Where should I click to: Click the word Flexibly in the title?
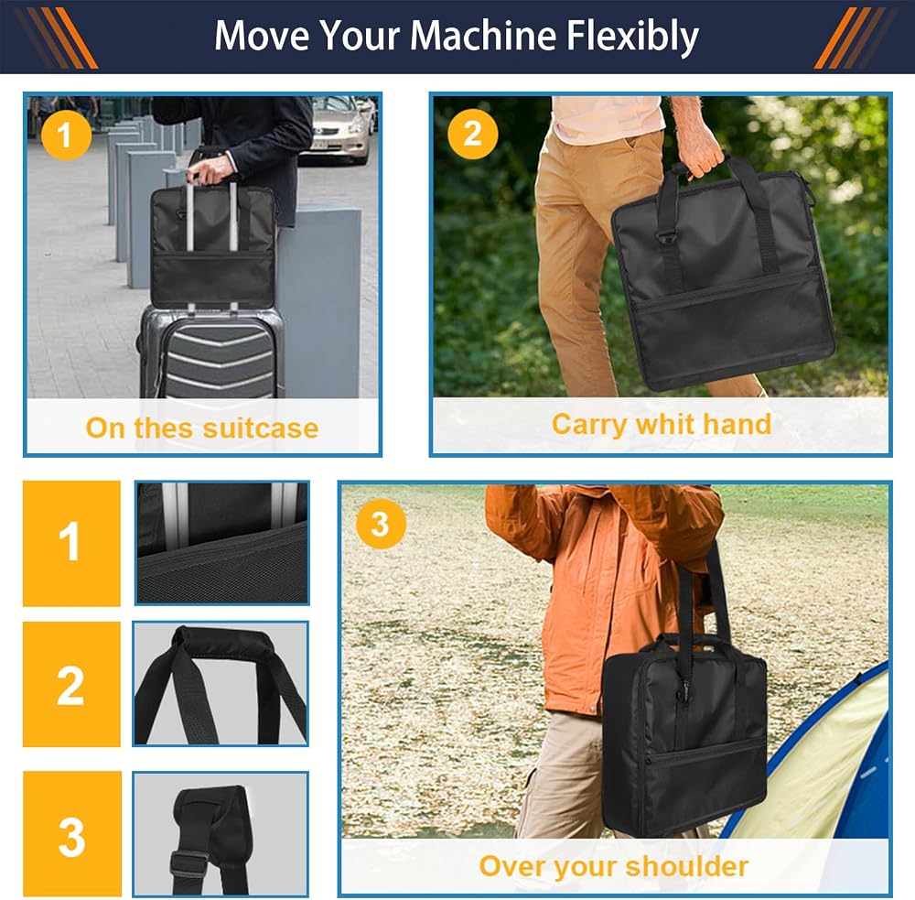pos(632,37)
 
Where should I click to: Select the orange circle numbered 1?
pos(66,135)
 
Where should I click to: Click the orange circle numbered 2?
pos(472,134)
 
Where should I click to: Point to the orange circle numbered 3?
pos(381,524)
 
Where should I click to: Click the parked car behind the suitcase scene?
pos(340,130)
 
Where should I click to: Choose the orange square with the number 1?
pos(71,543)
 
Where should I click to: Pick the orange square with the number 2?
pos(71,684)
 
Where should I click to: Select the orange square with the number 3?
pos(72,834)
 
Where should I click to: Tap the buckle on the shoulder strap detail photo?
pos(189,864)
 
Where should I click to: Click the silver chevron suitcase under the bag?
pos(212,351)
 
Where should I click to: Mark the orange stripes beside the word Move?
pos(57,38)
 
